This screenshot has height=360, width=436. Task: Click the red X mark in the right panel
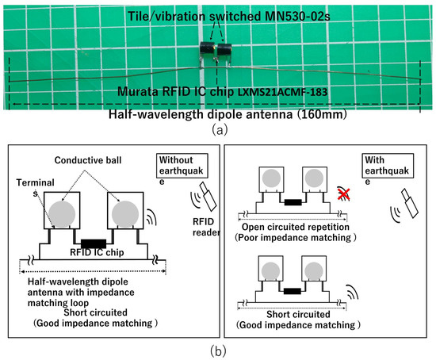(344, 193)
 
